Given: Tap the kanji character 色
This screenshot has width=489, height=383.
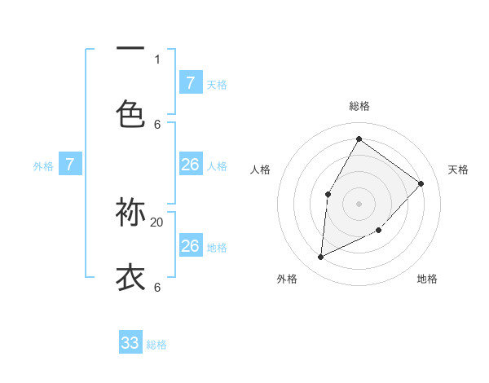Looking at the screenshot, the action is pyautogui.click(x=130, y=114).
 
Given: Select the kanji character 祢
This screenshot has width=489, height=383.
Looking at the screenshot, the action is pyautogui.click(x=130, y=213).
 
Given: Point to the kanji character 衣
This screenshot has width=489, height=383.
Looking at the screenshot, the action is pyautogui.click(x=130, y=277).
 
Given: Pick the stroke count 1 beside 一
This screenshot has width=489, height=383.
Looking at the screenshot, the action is pyautogui.click(x=157, y=59).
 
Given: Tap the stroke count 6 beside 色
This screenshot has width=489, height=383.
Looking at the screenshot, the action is pyautogui.click(x=157, y=124).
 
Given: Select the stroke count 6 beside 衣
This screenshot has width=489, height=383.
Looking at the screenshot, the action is pyautogui.click(x=157, y=287).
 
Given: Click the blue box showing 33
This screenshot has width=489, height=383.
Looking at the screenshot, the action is pyautogui.click(x=130, y=343).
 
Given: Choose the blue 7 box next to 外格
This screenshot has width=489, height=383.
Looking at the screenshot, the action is pyautogui.click(x=70, y=165).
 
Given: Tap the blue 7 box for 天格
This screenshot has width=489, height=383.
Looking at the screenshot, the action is pyautogui.click(x=191, y=82).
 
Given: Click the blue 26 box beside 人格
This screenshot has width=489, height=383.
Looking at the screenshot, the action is pyautogui.click(x=191, y=165).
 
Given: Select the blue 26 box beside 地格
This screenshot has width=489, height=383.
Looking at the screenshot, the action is pyautogui.click(x=191, y=246).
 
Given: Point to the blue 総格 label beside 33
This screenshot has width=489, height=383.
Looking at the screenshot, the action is pyautogui.click(x=156, y=345).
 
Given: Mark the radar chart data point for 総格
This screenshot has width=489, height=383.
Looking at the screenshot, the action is pyautogui.click(x=359, y=139).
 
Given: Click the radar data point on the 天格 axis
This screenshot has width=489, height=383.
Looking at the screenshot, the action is pyautogui.click(x=421, y=183).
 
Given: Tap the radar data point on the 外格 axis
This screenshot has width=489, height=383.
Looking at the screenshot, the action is pyautogui.click(x=320, y=257).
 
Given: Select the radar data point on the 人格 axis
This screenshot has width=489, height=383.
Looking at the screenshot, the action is pyautogui.click(x=328, y=194).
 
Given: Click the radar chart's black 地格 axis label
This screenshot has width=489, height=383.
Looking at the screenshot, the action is pyautogui.click(x=427, y=279).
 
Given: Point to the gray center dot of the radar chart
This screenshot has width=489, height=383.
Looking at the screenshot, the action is pyautogui.click(x=359, y=203).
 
